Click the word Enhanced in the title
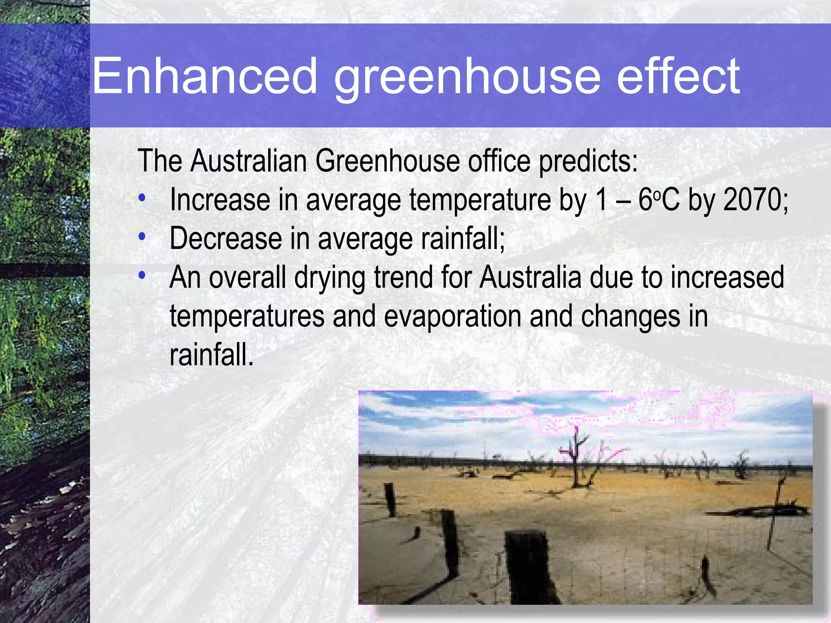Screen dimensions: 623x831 point(205,76)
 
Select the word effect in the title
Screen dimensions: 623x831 point(678,76)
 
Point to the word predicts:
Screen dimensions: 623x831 point(588,161)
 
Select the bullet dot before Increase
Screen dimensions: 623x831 point(142,198)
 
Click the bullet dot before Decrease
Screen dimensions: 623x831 point(142,237)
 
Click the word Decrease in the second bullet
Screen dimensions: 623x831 point(226,238)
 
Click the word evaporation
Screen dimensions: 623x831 point(452,316)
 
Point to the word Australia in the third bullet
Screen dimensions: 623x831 point(530,277)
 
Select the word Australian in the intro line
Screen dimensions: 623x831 point(248,161)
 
